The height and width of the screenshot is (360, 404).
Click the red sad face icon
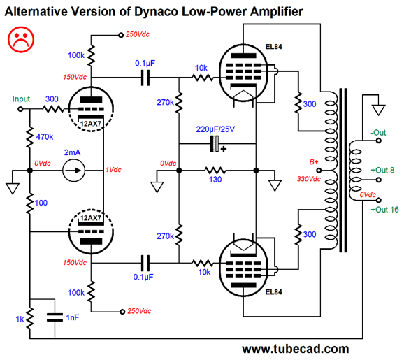(21, 40)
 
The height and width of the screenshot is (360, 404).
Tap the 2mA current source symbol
(73, 171)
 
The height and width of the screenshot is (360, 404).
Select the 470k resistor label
(45, 137)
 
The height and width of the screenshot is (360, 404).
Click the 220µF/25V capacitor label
(215, 129)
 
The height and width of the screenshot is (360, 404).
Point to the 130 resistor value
(215, 180)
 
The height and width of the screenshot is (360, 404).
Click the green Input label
(21, 99)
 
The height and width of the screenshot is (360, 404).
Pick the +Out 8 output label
(382, 170)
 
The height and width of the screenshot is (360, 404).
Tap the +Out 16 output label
(384, 210)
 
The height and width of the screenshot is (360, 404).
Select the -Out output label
(378, 132)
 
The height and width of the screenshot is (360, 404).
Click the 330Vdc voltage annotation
(309, 179)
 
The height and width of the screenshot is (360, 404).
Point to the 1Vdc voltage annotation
(113, 170)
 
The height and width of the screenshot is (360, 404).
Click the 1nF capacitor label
(73, 317)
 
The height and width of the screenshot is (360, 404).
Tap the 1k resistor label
(20, 319)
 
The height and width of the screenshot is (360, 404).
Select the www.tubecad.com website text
(296, 350)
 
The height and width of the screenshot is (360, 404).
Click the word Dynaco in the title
(156, 12)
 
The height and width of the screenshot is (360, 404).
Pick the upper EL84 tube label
(273, 47)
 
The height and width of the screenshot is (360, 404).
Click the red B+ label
(314, 162)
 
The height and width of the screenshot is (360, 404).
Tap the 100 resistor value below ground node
(41, 203)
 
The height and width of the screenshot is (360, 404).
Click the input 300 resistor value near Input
(52, 99)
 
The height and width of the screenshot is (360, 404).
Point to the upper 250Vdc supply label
(138, 34)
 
